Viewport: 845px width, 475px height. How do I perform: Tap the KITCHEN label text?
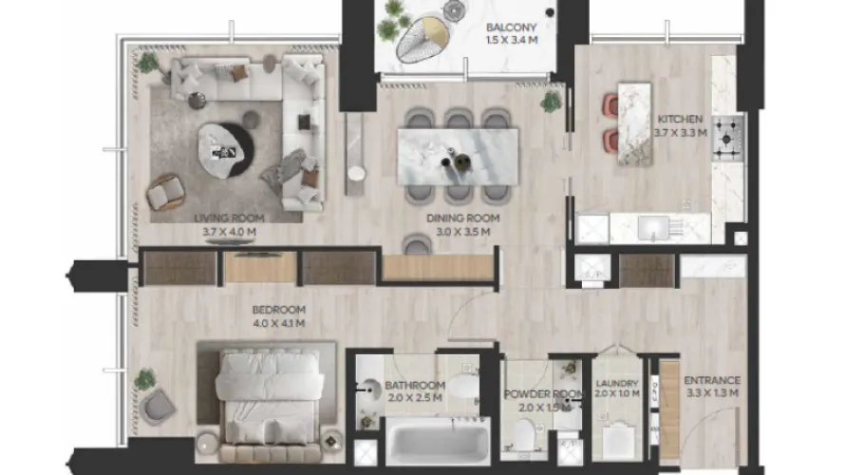tap(681, 120)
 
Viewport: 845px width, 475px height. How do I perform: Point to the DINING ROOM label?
tap(461, 218)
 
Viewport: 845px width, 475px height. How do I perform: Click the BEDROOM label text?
tap(278, 310)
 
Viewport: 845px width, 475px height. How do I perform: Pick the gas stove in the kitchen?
tap(728, 137)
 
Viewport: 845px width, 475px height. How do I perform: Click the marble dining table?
tap(459, 154)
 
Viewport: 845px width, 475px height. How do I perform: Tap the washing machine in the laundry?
tap(620, 442)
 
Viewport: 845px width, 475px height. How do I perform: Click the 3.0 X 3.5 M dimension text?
tap(461, 231)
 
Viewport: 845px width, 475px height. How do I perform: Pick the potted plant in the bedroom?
tap(145, 379)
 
